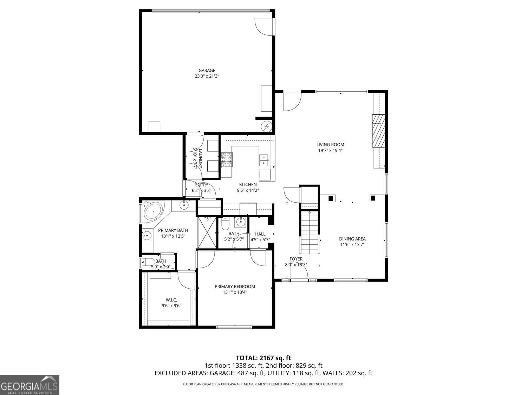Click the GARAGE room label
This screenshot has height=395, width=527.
(x=207, y=70)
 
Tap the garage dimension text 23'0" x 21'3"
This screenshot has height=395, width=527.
(x=207, y=76)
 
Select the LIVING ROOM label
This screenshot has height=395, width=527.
(x=330, y=144)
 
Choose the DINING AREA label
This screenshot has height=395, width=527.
(x=352, y=239)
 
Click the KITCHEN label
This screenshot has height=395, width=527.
(x=248, y=184)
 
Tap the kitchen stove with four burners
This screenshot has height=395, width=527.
(x=227, y=159)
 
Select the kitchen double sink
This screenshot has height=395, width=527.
(x=264, y=160)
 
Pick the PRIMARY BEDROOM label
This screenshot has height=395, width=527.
(x=235, y=287)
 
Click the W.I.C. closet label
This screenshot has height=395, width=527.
(x=171, y=299)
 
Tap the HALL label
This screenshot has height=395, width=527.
(x=260, y=234)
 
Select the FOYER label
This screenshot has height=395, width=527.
(x=296, y=259)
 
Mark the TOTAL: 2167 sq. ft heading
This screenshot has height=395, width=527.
(x=263, y=358)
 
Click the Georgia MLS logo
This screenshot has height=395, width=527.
(x=30, y=385)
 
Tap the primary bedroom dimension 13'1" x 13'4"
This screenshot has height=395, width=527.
(x=235, y=292)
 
